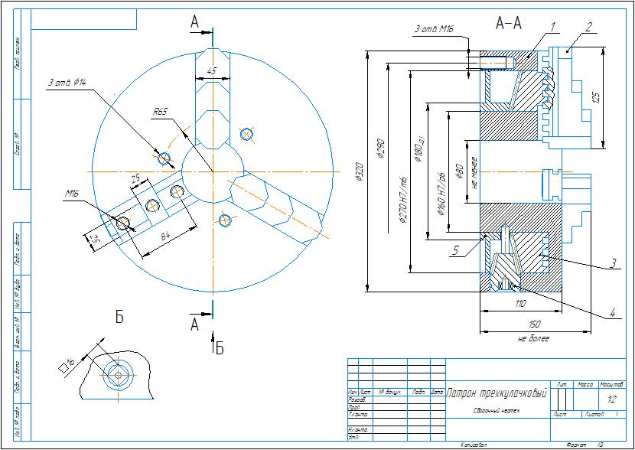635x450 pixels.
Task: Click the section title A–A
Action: [509, 24]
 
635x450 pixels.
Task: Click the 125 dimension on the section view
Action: [596, 98]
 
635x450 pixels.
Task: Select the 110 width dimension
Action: [521, 304]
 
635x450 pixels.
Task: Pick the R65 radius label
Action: [160, 112]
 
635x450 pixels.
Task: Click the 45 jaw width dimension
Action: [212, 71]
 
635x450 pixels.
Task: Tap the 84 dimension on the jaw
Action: [166, 236]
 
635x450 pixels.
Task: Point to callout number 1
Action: [550, 25]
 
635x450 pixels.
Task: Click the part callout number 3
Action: [614, 263]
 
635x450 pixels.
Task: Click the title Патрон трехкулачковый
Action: [497, 393]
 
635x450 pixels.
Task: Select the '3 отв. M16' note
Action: [434, 29]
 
